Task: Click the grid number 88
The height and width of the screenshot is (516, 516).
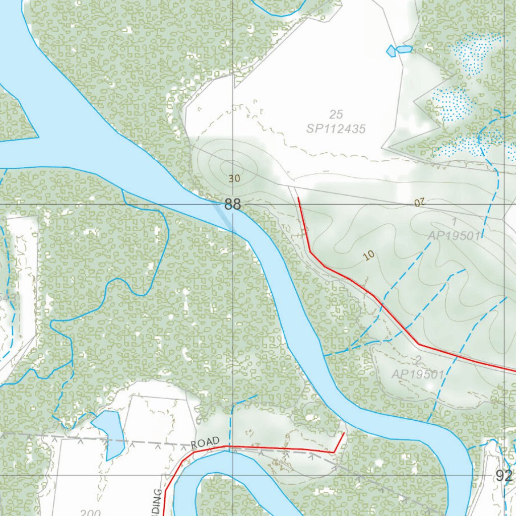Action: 233,205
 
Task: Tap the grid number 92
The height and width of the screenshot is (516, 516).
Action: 503,476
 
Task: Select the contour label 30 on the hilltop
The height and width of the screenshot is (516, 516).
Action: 234,178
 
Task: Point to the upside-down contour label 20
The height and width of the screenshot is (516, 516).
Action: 420,202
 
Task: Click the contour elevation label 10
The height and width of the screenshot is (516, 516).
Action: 369,256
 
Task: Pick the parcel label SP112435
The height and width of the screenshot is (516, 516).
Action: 336,129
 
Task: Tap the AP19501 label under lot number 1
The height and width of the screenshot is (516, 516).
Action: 454,235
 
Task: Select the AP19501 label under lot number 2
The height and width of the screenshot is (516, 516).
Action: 418,374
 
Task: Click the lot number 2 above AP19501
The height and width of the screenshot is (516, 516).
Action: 417,360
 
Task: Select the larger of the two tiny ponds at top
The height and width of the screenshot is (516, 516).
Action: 404,49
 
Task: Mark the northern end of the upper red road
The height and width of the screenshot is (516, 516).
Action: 299,198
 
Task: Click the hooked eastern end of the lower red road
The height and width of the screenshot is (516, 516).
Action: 343,433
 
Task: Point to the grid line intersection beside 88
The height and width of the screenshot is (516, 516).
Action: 233,204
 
